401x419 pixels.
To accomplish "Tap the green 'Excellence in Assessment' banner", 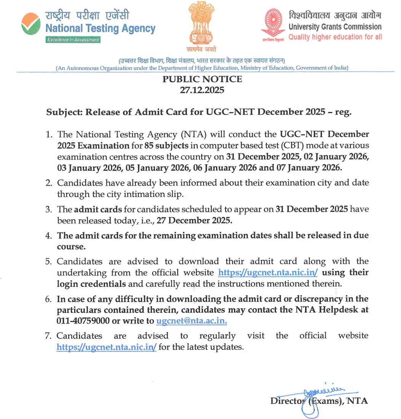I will [73, 40].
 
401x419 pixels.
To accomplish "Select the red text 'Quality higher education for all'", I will [335, 37].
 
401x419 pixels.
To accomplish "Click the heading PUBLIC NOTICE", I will [202, 79].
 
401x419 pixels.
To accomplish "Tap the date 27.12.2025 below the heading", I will [202, 90].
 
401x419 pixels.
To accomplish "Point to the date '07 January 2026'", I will [309, 167].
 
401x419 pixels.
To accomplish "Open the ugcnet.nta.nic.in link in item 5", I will [268, 273].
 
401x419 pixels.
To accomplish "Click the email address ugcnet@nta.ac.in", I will [192, 321].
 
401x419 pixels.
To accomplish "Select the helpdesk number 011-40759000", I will [83, 321].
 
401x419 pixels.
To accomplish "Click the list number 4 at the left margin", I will [49, 236].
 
